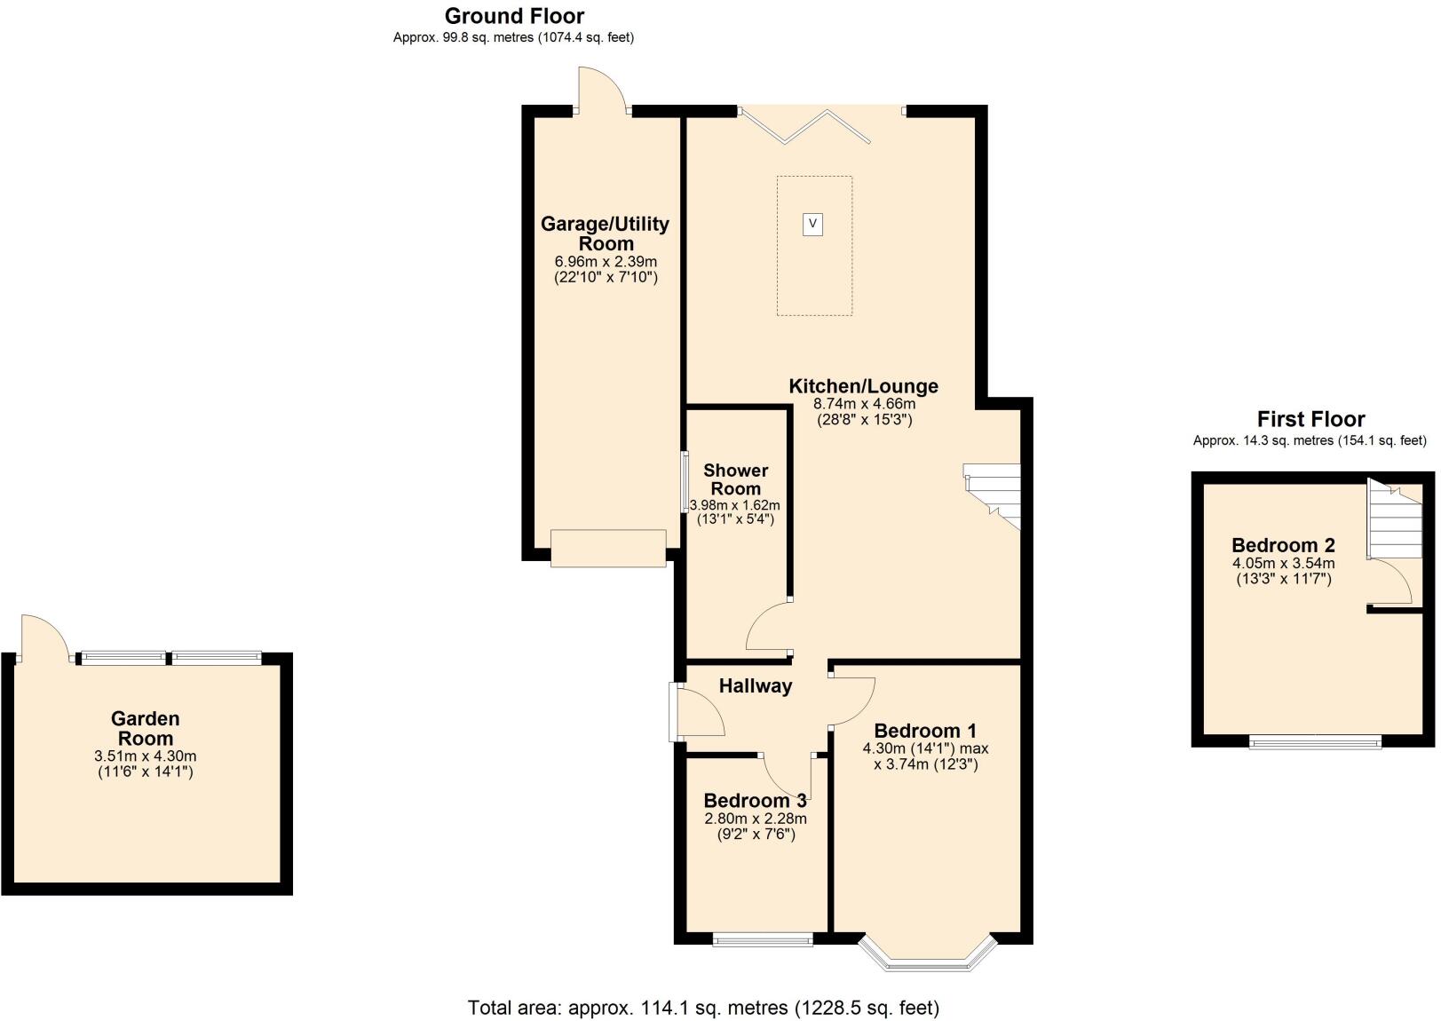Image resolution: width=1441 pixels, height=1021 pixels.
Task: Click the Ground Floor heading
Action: tap(514, 16)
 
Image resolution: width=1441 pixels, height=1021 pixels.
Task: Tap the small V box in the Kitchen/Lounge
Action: tap(812, 224)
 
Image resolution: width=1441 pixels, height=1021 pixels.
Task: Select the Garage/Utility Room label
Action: tap(605, 233)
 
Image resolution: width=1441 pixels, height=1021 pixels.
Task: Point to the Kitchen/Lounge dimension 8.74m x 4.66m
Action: tap(864, 403)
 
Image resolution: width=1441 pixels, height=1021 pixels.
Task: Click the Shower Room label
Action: tap(735, 479)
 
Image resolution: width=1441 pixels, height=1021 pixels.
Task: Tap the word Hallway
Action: tap(755, 685)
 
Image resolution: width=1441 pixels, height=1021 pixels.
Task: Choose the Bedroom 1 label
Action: tap(925, 731)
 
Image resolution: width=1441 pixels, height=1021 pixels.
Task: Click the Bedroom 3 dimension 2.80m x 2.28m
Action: tap(755, 819)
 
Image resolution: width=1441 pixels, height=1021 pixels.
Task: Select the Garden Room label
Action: tap(146, 728)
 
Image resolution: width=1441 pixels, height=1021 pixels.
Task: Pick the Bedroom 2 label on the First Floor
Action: tap(1283, 545)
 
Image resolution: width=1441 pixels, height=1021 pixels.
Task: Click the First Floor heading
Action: tap(1310, 419)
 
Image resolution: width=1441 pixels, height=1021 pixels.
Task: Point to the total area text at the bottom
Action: tap(703, 1008)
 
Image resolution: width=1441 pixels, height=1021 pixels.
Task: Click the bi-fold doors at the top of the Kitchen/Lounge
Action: tap(804, 124)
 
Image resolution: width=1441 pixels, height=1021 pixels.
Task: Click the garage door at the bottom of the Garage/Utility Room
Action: tap(608, 548)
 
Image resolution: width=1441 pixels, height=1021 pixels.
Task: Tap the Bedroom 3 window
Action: tap(763, 939)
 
